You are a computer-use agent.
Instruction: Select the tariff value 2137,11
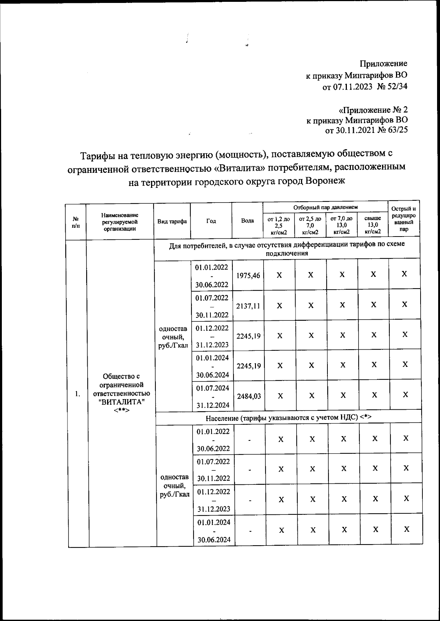(248, 306)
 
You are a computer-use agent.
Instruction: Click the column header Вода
(247, 221)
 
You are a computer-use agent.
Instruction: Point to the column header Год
(211, 221)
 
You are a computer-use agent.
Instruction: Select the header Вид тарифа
(172, 221)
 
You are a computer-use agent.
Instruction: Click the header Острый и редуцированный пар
(404, 219)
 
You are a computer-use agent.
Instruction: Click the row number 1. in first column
(77, 394)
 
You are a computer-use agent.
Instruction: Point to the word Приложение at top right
(383, 64)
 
